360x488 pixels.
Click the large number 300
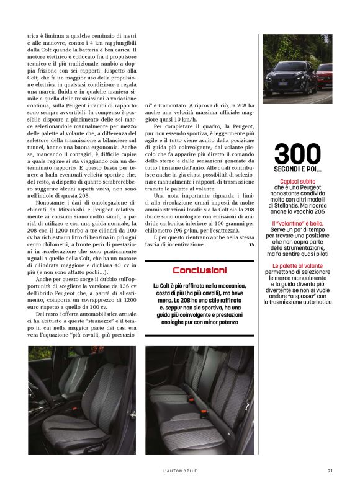tap(297, 154)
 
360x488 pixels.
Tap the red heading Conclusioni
tap(199, 270)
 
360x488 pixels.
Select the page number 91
tap(331, 471)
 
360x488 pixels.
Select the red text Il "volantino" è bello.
tap(297, 223)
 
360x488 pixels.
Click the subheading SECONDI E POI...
tap(297, 169)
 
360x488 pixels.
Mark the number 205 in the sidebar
tap(320, 211)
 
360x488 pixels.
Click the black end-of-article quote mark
tap(251, 246)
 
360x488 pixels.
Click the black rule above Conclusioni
tap(199, 261)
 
